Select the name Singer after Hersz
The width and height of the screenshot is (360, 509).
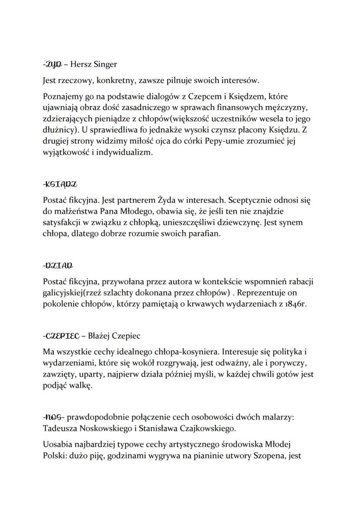point(105,65)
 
